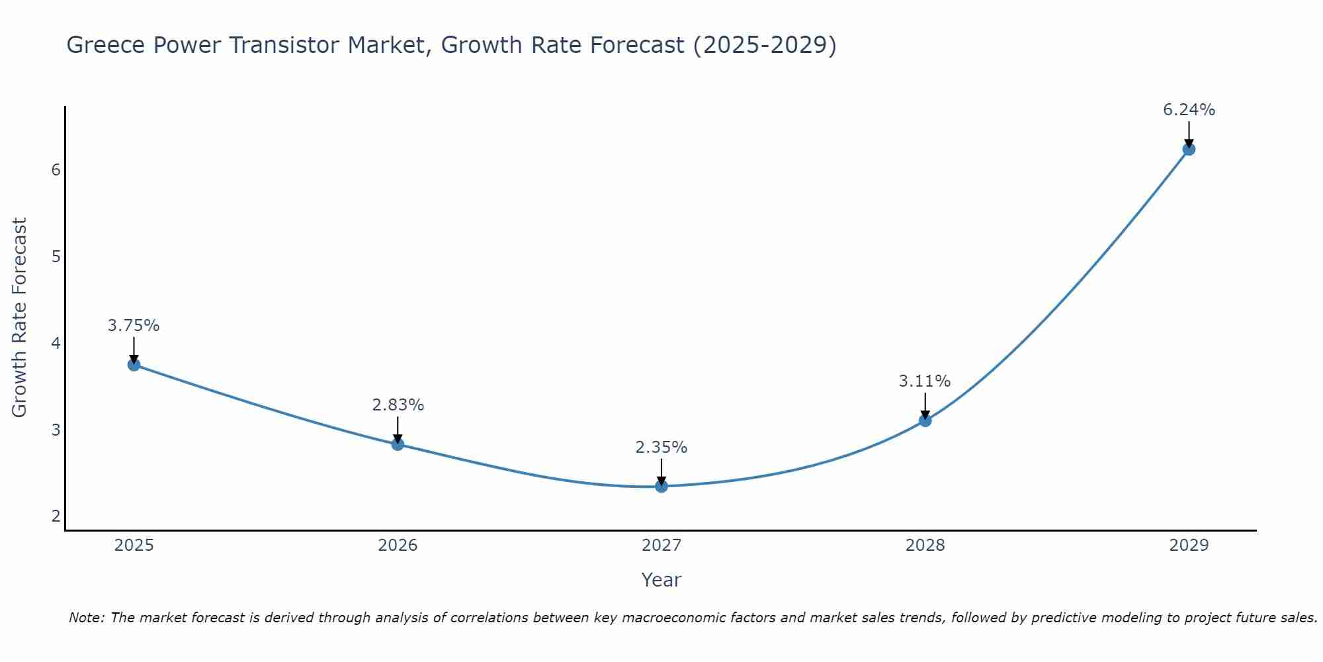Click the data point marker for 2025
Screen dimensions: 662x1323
134,365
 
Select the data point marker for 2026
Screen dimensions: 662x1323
398,444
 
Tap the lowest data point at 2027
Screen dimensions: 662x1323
661,487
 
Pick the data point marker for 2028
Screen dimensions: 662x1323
925,420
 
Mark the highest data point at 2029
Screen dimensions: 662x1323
1189,149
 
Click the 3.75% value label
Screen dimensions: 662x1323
134,326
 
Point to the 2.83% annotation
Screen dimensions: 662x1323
398,404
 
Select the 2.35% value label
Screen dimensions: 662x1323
661,448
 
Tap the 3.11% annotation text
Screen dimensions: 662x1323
925,381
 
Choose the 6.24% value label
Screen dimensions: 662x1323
1189,110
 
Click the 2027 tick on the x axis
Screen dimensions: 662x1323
661,545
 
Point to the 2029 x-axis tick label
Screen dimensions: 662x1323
1189,545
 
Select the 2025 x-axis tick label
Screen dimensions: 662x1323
134,545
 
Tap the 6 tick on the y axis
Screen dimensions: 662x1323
56,170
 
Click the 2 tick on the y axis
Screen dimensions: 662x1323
56,516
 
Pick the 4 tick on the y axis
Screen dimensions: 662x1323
56,344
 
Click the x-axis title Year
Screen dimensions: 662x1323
661,580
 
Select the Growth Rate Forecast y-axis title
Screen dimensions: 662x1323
20,318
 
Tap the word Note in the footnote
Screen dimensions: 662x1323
86,618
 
